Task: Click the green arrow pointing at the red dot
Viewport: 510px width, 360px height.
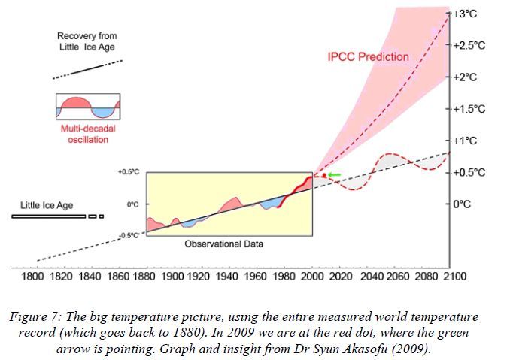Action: (x=333, y=174)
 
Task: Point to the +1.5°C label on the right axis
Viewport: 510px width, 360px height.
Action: (x=470, y=109)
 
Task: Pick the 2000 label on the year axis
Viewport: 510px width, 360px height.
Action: (x=311, y=276)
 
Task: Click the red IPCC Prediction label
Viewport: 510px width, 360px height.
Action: (x=369, y=56)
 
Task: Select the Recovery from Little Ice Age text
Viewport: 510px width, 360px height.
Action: (x=87, y=42)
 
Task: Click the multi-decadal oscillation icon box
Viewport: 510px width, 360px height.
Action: (x=88, y=107)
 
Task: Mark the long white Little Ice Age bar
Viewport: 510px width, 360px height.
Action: (x=48, y=217)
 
